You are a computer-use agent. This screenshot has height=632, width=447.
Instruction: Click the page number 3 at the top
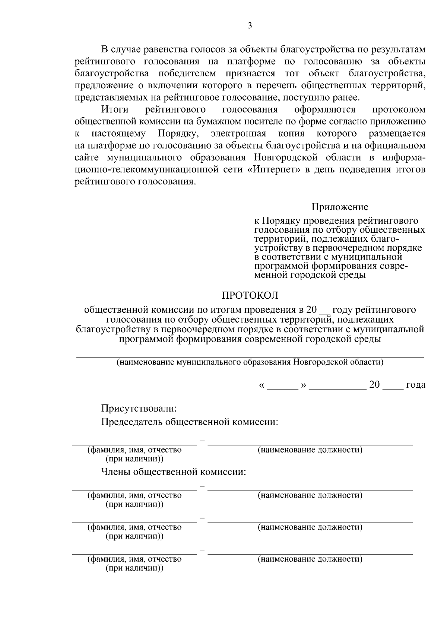(x=250, y=25)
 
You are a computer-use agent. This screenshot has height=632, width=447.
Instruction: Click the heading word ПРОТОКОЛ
(x=250, y=295)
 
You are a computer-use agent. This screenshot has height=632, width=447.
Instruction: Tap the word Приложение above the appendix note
(x=340, y=207)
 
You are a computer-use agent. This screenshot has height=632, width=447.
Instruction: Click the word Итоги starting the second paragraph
(x=115, y=109)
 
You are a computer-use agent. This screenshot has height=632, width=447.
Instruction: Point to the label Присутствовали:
(x=139, y=408)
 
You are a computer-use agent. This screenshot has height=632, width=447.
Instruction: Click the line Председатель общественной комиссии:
(x=190, y=422)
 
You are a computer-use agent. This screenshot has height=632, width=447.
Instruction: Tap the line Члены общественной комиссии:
(x=174, y=472)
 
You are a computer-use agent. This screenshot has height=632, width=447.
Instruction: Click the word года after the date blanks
(x=415, y=385)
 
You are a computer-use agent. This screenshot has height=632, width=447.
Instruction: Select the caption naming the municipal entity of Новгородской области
(x=250, y=362)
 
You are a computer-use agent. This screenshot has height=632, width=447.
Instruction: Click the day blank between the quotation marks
(x=283, y=387)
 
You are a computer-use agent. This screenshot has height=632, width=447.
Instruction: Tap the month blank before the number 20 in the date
(x=338, y=387)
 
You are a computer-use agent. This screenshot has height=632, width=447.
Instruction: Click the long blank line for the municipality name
(x=250, y=356)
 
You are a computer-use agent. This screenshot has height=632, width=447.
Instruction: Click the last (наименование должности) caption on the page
(x=310, y=559)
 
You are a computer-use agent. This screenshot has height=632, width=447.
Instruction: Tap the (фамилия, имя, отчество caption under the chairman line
(x=134, y=450)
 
